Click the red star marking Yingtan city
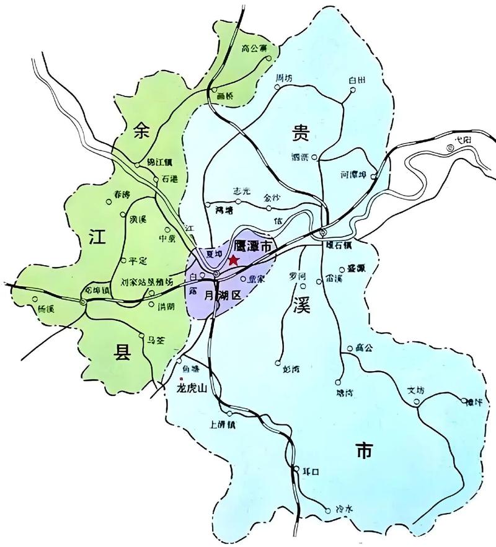[x=233, y=260]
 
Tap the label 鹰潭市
[x=255, y=247]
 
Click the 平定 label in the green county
[x=136, y=261]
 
